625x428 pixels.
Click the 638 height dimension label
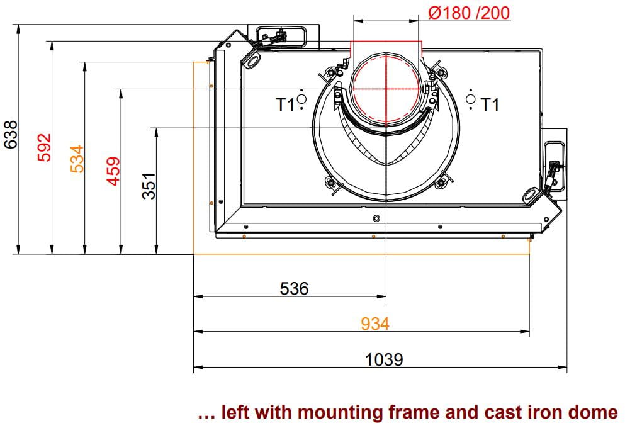[11, 134]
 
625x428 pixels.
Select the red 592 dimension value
[44, 147]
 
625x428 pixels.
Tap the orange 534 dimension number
[77, 159]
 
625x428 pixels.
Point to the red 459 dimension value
[113, 171]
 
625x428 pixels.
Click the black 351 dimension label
[149, 186]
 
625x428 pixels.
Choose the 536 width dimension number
[294, 288]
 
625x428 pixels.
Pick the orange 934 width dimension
[374, 324]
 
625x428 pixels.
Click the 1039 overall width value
[384, 359]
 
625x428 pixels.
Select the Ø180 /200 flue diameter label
[469, 13]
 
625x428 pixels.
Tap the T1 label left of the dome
[285, 104]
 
